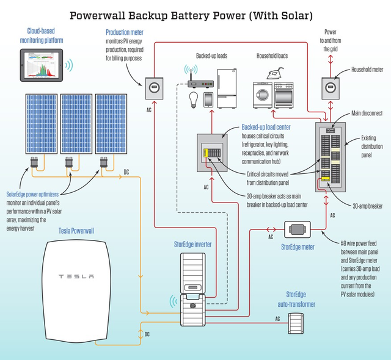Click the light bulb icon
tap(193, 98)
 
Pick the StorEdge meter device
tap(298, 231)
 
